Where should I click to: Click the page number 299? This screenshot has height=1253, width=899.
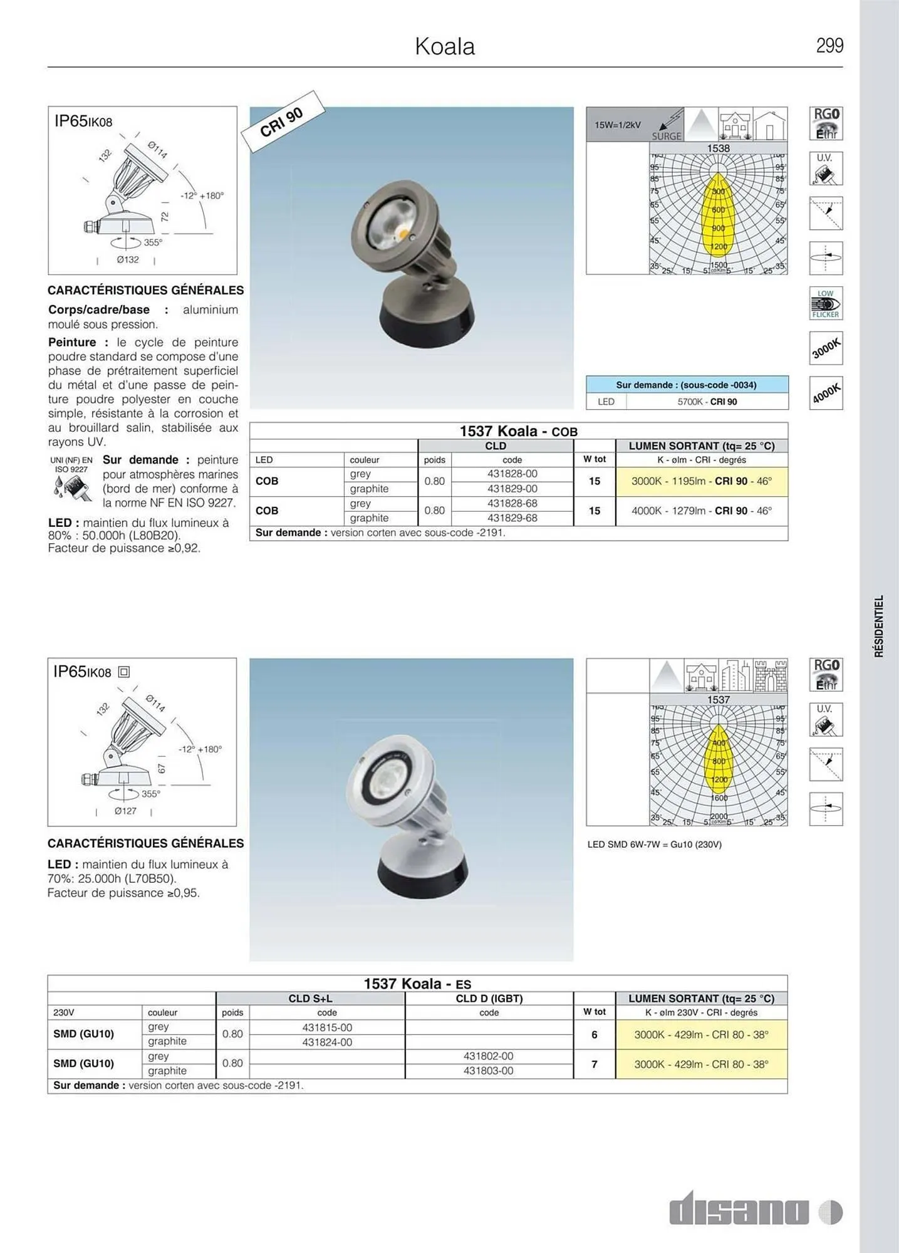pos(829,46)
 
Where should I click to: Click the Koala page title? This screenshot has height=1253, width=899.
pos(445,46)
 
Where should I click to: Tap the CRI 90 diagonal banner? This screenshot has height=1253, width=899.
pos(283,122)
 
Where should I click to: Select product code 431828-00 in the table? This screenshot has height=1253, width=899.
pos(512,474)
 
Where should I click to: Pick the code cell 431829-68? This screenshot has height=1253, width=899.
pos(512,518)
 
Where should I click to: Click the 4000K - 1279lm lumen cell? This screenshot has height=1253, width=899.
pos(701,511)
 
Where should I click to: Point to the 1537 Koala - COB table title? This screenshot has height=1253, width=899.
pos(518,431)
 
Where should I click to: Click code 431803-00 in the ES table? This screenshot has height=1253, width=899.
pos(488,1071)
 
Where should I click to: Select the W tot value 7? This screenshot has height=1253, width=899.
pos(594,1064)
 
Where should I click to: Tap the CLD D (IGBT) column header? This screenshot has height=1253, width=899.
pos(489,999)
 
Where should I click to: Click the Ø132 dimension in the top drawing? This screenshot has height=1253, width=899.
pos(127,259)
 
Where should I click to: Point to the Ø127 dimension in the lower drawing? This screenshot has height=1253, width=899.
pos(125,811)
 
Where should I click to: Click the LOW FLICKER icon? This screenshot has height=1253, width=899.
pos(825,304)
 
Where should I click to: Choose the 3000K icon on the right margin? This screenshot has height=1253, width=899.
pos(825,348)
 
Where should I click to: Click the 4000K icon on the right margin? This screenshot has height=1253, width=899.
pos(825,393)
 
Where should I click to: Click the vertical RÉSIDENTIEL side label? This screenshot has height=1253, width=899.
pos(879,626)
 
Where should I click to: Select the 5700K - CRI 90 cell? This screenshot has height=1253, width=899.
pos(707,402)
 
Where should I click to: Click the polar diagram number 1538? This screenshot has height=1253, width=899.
pos(718,148)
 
